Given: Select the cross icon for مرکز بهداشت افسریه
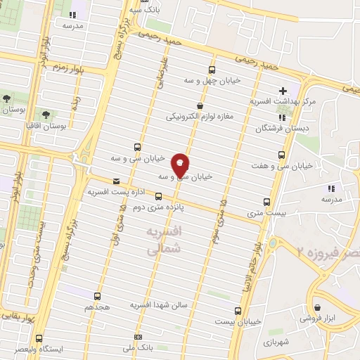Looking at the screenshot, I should (282, 91).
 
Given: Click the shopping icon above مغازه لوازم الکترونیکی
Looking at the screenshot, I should (200, 105).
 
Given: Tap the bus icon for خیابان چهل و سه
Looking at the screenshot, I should (212, 69).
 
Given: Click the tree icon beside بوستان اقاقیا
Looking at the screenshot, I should (46, 112).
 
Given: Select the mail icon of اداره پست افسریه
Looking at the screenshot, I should (116, 180).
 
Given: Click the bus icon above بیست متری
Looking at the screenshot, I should (265, 200).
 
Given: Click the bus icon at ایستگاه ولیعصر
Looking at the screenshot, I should (38, 338).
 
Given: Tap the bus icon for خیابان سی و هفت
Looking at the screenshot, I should (282, 155).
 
